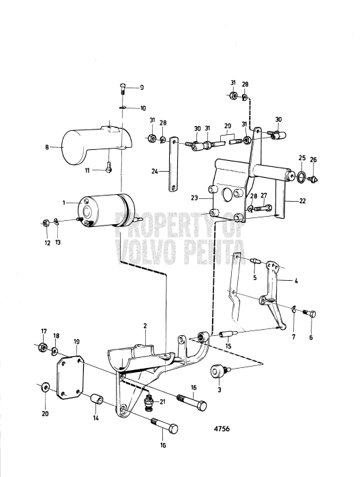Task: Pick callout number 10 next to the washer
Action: [142, 108]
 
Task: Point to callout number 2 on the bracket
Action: [144, 326]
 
